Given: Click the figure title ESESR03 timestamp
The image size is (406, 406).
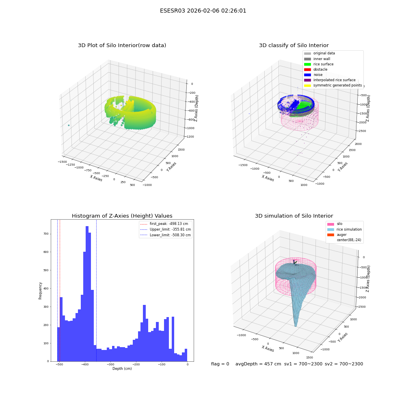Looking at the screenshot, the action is [x=203, y=11].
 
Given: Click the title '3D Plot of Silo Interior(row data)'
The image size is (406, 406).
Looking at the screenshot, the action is [x=122, y=45].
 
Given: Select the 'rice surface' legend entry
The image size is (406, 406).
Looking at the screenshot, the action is [x=319, y=64].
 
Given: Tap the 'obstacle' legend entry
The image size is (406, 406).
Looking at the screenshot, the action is [x=315, y=69].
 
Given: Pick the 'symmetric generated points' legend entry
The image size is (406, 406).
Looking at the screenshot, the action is [x=333, y=85].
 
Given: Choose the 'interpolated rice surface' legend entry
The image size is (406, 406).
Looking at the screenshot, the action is [x=330, y=80].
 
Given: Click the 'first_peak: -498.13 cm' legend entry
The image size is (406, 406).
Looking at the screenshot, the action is [x=164, y=224].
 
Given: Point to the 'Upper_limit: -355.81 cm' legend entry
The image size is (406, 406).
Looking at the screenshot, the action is [x=166, y=229].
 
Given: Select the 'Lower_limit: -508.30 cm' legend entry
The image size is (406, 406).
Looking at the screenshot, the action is [x=166, y=235].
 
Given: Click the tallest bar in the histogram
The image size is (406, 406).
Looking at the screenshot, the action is [x=87, y=294].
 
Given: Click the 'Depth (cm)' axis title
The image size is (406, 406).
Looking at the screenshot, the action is [x=122, y=369].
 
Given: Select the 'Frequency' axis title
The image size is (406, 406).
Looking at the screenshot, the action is [x=40, y=291].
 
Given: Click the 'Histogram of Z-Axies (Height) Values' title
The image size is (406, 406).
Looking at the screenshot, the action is [x=122, y=216].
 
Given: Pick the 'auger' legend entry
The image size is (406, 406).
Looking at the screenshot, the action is [x=337, y=235].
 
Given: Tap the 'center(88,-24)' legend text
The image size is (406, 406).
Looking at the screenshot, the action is [x=349, y=240].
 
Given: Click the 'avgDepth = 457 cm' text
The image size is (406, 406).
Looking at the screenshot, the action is [x=258, y=364].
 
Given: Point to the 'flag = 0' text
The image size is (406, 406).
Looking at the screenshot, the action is [x=220, y=364].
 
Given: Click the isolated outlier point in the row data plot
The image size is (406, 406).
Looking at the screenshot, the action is [x=69, y=125].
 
